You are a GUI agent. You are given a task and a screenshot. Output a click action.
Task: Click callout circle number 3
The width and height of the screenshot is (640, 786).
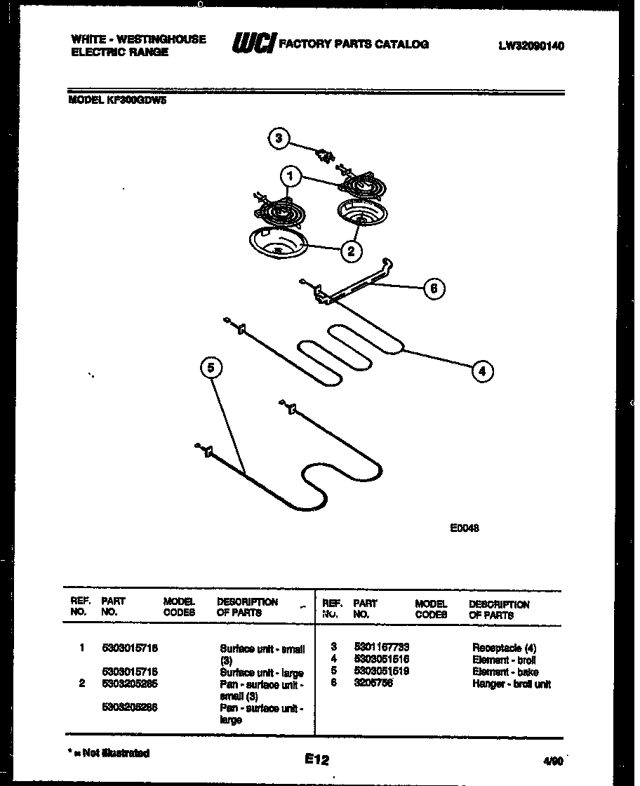tap(279, 138)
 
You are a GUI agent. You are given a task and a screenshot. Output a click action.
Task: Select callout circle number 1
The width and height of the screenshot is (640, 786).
tap(288, 175)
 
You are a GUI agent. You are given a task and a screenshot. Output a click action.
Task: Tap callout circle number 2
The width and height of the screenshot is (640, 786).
tap(351, 250)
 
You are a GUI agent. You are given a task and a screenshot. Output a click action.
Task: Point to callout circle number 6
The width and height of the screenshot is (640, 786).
tap(434, 288)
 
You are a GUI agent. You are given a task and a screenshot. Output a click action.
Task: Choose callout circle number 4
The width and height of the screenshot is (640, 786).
tap(481, 371)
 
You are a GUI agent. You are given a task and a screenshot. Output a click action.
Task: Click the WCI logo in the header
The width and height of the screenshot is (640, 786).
tap(254, 44)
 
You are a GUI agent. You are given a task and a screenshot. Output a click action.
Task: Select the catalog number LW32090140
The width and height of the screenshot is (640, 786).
tap(531, 46)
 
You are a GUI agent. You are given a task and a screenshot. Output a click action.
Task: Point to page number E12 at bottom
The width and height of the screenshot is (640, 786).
tap(316, 759)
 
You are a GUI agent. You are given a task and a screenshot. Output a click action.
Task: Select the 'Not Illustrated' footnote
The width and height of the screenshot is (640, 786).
tap(109, 753)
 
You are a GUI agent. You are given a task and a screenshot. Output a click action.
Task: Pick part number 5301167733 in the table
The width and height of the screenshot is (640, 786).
tap(382, 647)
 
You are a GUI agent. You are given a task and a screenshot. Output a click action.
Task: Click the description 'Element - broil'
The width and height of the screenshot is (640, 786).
tap(504, 660)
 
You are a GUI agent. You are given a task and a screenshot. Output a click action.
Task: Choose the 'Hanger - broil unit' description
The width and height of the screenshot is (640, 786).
tap(511, 684)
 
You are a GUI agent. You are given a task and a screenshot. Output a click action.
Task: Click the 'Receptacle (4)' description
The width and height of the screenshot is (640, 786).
tap(504, 648)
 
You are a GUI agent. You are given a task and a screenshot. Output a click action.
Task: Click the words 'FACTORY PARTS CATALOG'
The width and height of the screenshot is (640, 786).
tap(354, 44)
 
